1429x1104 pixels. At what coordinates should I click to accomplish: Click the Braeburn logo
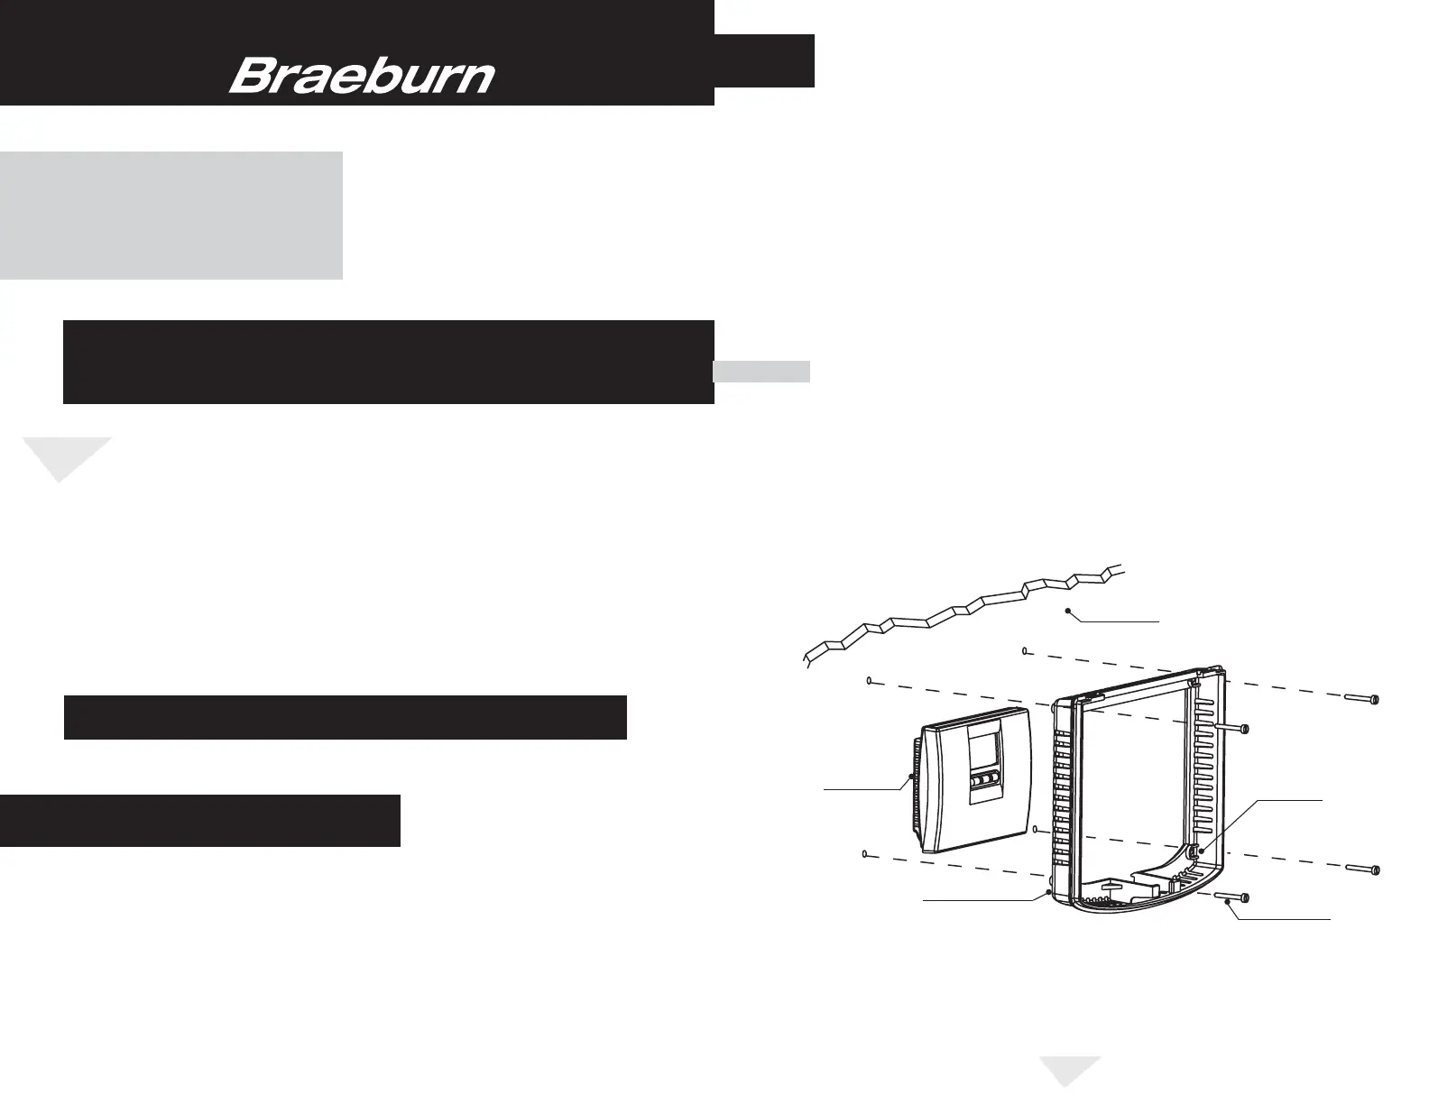(362, 77)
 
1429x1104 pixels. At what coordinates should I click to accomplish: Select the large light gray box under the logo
(171, 215)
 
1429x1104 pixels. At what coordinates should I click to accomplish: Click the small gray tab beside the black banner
(761, 372)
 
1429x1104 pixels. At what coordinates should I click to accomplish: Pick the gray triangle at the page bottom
(1071, 1070)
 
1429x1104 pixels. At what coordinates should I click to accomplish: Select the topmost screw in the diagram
(1363, 699)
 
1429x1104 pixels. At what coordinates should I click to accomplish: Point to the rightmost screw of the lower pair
(1363, 869)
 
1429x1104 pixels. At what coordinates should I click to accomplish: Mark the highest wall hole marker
(1026, 650)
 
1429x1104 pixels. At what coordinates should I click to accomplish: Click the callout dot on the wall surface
(1068, 611)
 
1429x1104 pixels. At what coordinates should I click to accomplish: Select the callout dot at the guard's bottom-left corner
(1046, 892)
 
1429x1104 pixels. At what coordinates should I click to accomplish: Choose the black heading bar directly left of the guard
(345, 717)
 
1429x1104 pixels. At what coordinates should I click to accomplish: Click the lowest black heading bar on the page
(199, 820)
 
